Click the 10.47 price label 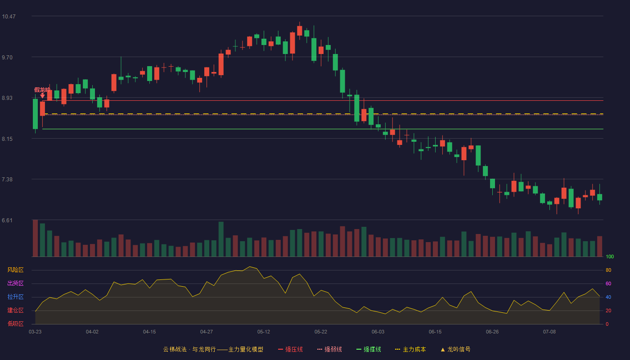[x=9, y=17]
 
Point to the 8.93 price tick [x=7, y=98]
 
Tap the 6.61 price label [x=7, y=220]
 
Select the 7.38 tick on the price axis [x=7, y=180]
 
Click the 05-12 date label [x=264, y=332]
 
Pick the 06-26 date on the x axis [x=492, y=332]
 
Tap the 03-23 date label [x=35, y=332]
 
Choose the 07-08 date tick [x=549, y=332]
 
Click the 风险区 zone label [x=15, y=270]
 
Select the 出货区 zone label [x=15, y=283]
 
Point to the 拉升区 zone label [x=15, y=297]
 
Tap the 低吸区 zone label [x=15, y=324]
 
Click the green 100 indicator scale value [x=610, y=256]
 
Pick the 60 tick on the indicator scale [x=608, y=283]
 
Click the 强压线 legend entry [x=290, y=349]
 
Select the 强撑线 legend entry [x=369, y=349]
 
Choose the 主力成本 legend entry [x=410, y=349]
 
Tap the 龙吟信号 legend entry [x=455, y=349]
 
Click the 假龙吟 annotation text [x=42, y=90]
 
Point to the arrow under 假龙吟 [x=42, y=95]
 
